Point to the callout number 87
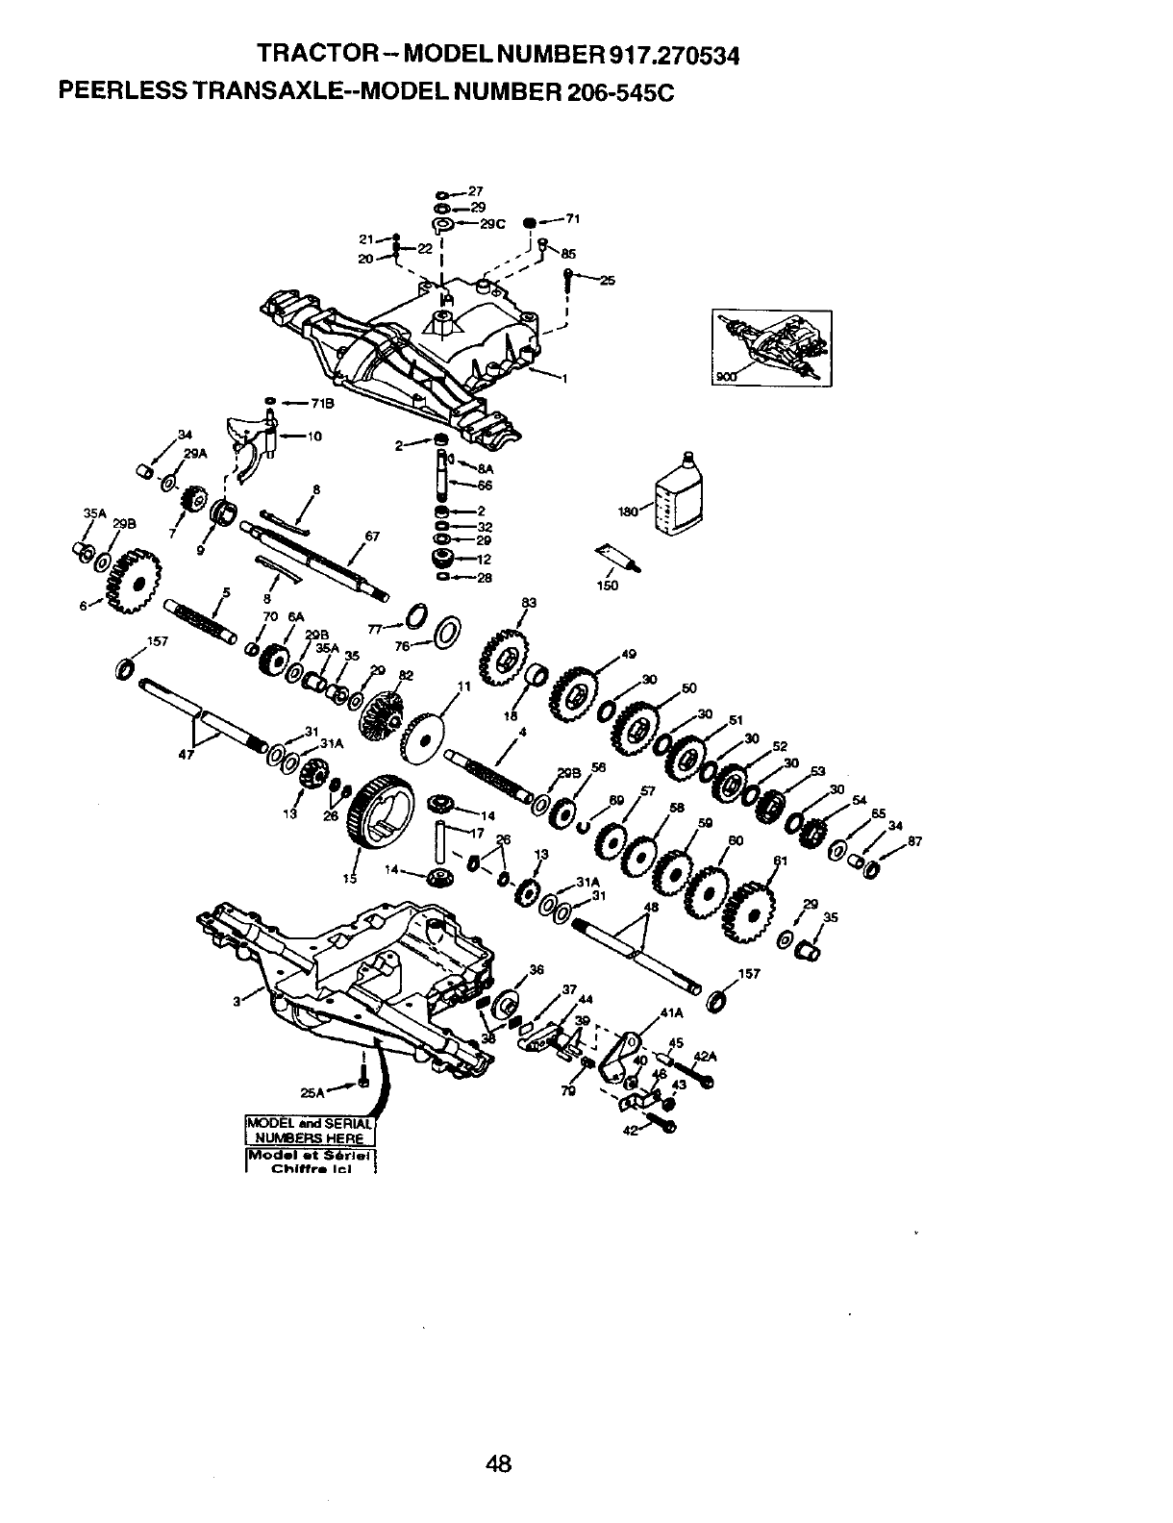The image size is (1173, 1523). click(914, 841)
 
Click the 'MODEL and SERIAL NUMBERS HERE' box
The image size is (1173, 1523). click(307, 1132)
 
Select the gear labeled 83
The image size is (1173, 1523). click(502, 659)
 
